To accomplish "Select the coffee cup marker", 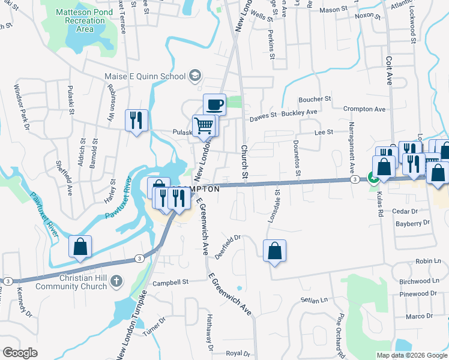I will [214, 105].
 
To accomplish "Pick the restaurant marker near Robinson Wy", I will [135, 120].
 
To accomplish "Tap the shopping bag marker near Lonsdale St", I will [274, 251].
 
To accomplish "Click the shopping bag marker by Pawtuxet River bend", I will [80, 247].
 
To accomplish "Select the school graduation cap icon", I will [194, 76].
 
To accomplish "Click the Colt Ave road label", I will [389, 70].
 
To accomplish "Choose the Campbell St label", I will [170, 281].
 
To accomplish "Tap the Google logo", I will [20, 353].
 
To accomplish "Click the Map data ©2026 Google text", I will [411, 355].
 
